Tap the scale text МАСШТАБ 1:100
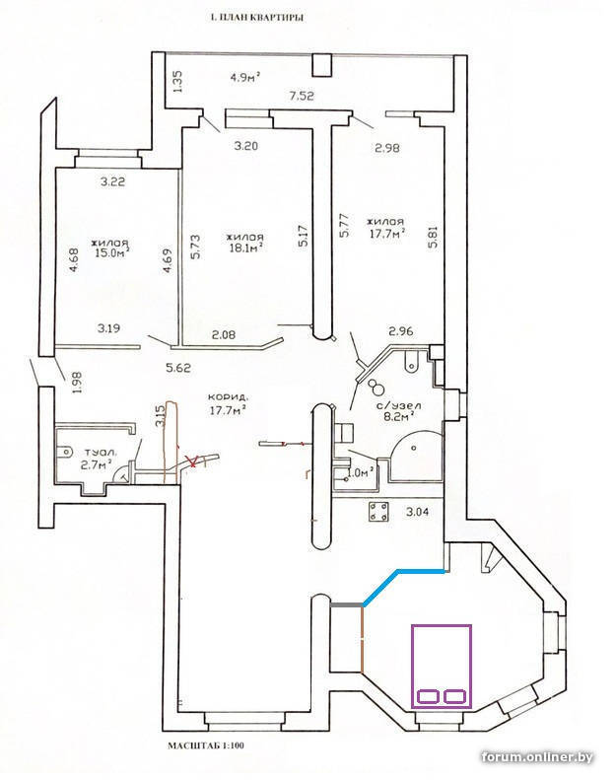(x=205, y=745)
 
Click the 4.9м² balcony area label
(x=245, y=78)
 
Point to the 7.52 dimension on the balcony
(x=302, y=96)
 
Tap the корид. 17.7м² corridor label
(x=227, y=404)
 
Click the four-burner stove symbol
(x=378, y=512)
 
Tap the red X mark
(x=190, y=461)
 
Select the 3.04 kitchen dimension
(x=417, y=512)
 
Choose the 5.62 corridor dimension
(x=178, y=369)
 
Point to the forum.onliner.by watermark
(x=537, y=757)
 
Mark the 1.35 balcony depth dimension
(x=178, y=80)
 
